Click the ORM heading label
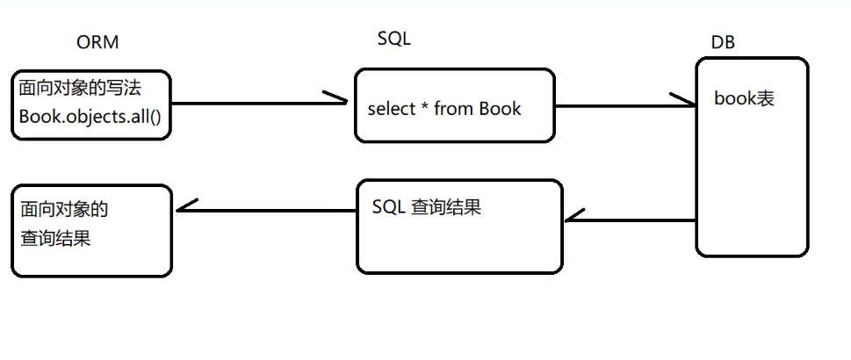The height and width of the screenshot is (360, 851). pos(97,42)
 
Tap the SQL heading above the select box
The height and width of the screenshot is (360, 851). pos(393,39)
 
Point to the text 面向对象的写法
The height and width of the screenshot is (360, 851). pos(80,89)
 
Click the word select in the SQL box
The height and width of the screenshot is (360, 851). pos(393,109)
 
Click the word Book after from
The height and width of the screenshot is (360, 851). pos(500,109)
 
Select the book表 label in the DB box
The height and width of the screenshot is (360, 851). pos(744,98)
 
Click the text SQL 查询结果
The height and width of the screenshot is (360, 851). pos(427,209)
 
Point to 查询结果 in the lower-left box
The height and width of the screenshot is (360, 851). pos(56,238)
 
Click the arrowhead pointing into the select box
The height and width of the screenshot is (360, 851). pos(339,99)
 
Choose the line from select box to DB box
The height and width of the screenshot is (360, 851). pos(615,105)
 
